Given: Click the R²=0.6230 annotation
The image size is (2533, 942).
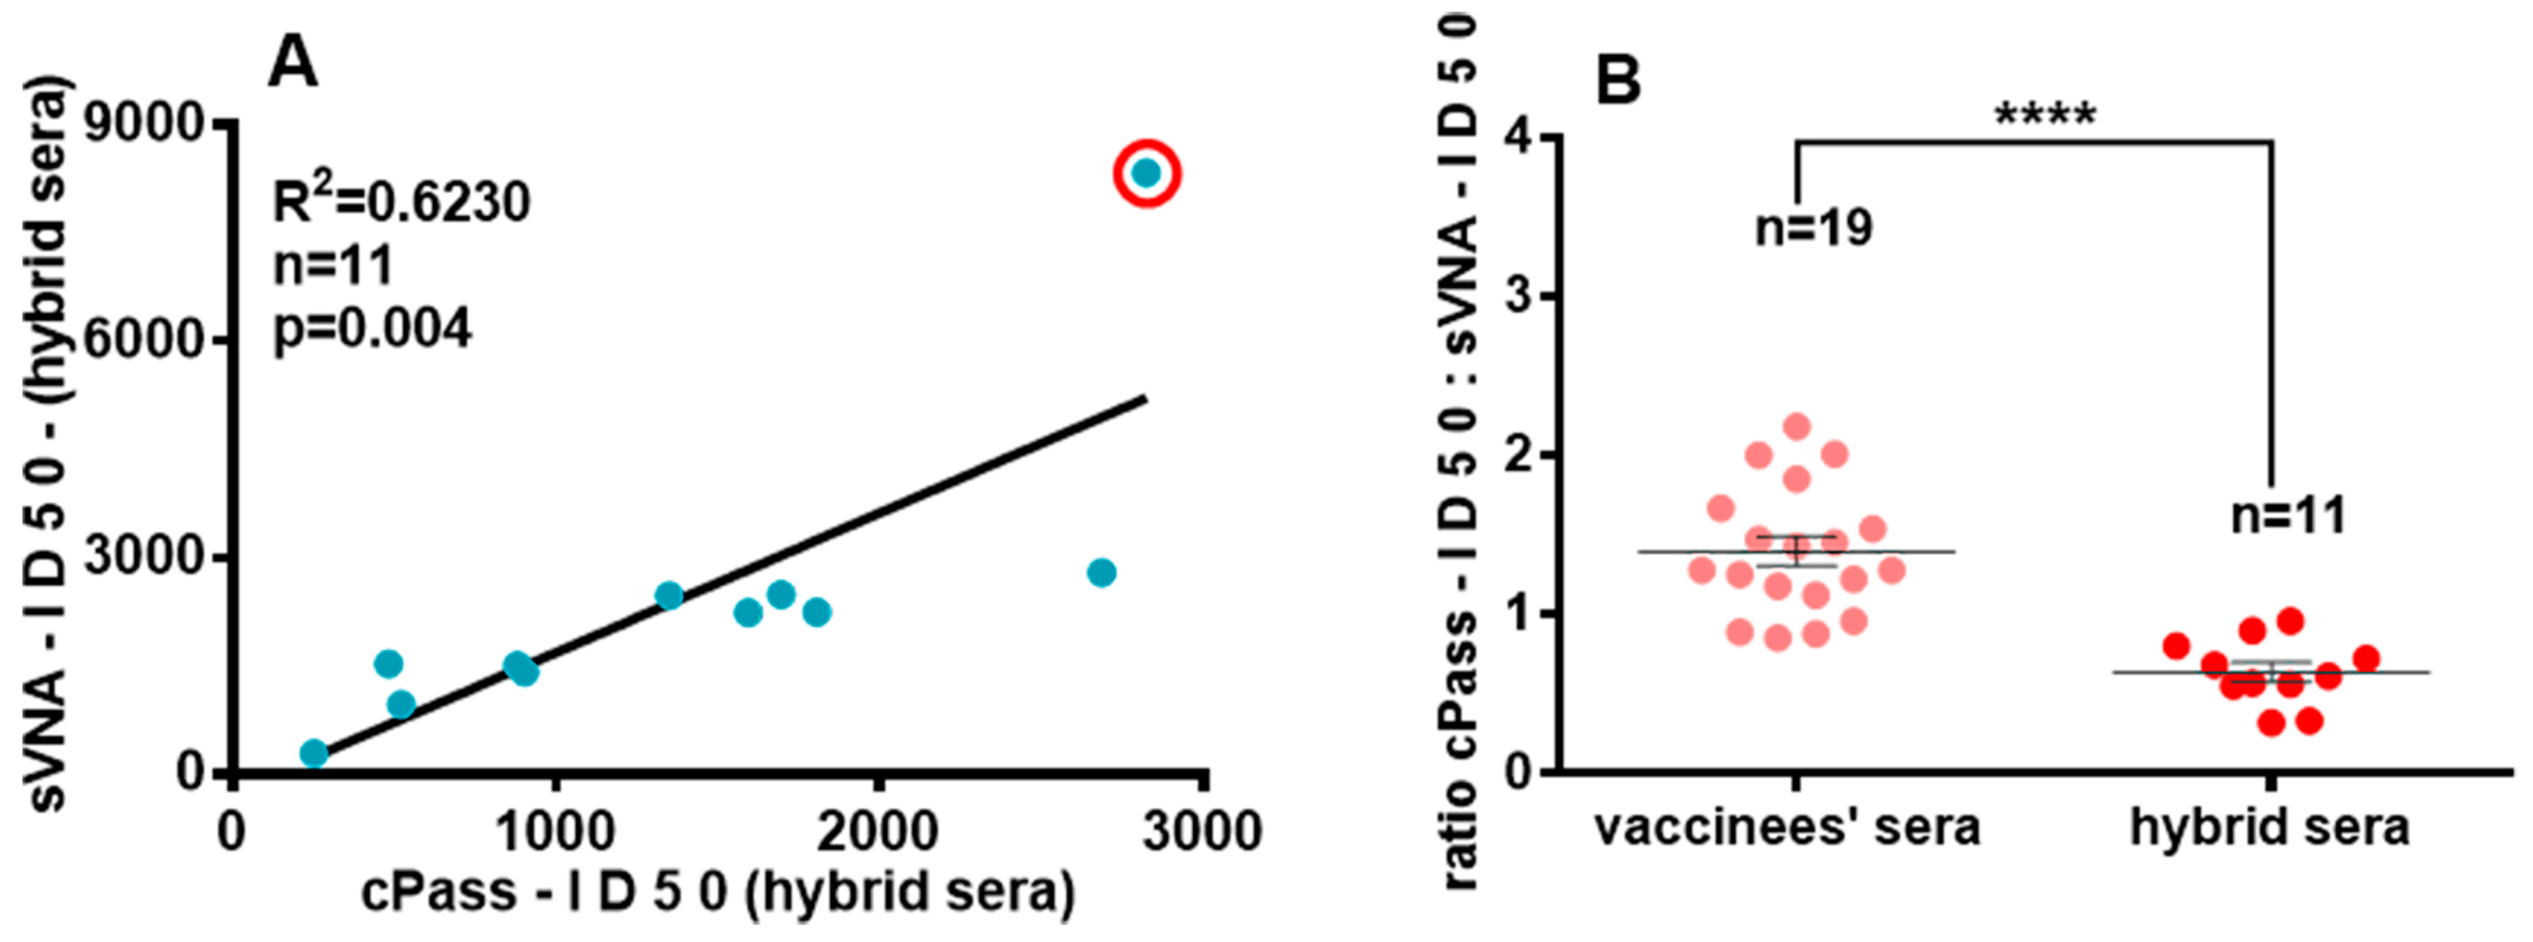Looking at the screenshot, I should click(401, 202).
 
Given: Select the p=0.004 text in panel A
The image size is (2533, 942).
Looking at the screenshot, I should click(372, 328).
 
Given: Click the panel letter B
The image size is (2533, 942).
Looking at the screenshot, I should click(1618, 81).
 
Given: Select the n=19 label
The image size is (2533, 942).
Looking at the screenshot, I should click(1814, 228).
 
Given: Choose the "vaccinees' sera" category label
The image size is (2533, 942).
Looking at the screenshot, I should click(1787, 828).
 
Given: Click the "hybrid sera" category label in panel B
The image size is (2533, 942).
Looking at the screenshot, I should click(2269, 828).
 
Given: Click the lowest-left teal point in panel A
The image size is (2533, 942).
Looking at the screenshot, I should click(313, 753).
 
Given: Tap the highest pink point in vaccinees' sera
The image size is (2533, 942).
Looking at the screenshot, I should click(1797, 427).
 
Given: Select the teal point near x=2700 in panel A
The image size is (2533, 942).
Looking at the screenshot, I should click(1102, 572).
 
